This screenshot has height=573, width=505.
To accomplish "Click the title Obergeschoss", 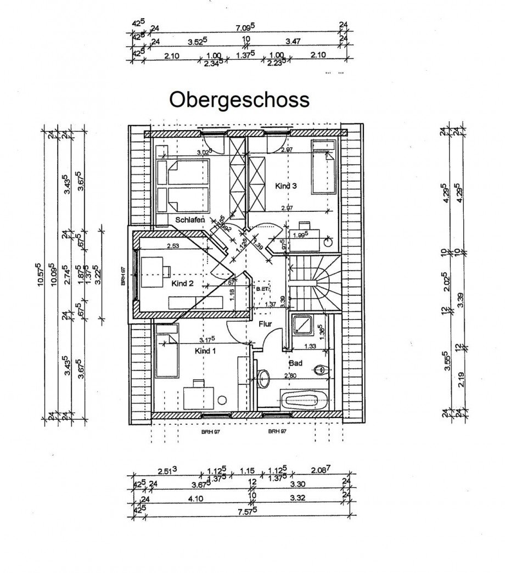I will click(239, 100).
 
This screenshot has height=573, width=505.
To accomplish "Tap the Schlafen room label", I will click(190, 220).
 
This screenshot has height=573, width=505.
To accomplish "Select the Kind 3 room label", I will click(285, 186).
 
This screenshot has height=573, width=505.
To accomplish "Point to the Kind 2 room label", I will click(183, 284).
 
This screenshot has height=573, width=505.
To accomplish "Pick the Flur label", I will click(266, 324).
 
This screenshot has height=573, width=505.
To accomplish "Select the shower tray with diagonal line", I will click(302, 328).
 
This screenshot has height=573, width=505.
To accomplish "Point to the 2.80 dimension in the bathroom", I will click(290, 375).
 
